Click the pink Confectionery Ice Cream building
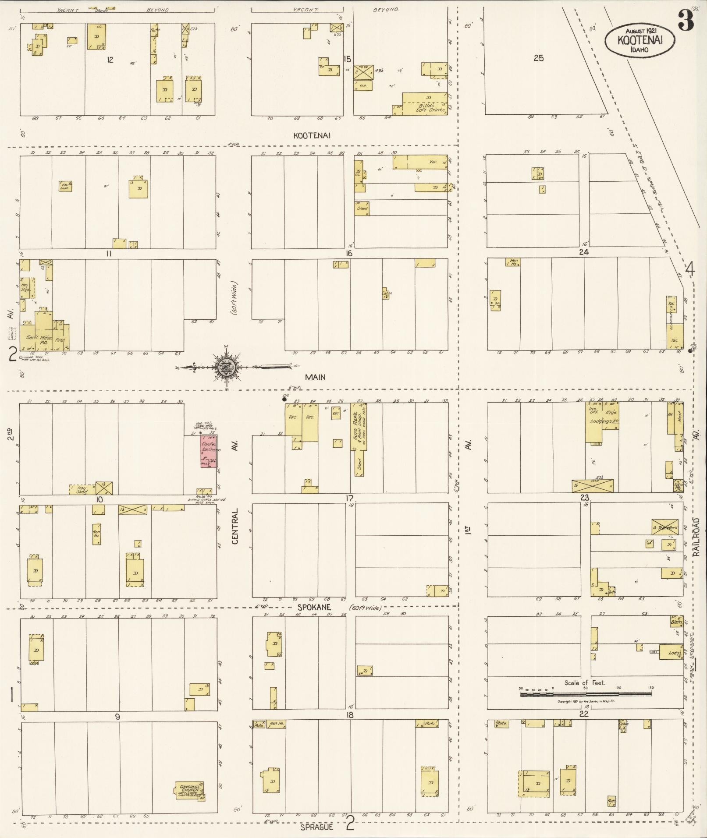209,451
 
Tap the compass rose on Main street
227,367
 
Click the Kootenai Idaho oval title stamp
639,40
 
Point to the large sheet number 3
686,21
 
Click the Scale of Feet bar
586,694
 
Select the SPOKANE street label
314,608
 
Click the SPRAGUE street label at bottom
317,827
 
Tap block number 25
538,58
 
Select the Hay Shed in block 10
82,489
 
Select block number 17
349,499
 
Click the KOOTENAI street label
312,136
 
